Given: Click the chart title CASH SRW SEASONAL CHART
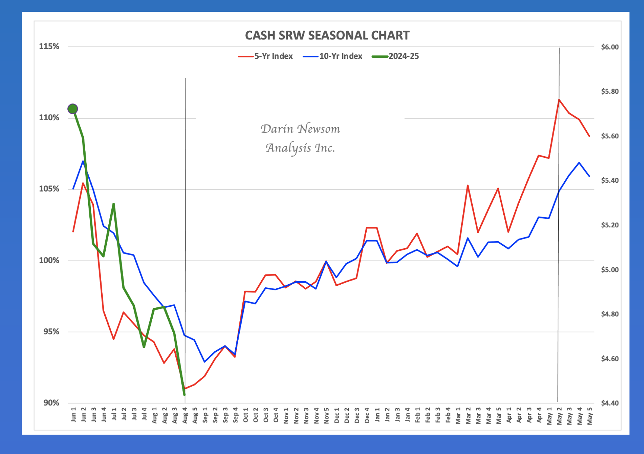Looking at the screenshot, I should (327, 35).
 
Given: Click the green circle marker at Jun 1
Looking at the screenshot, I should (73, 109).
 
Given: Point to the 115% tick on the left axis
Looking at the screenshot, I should (49, 47).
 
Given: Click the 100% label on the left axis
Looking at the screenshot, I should (49, 260).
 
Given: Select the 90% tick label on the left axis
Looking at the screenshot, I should (51, 403).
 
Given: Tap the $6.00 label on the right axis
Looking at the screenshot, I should (610, 47).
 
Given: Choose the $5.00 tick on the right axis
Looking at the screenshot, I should (610, 270).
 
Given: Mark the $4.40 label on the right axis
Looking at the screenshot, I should (610, 403).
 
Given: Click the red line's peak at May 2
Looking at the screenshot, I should (559, 100).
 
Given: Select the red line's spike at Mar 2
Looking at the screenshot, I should (468, 185).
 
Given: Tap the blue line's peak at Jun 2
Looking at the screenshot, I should (83, 161).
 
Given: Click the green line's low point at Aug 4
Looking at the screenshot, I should (184, 394).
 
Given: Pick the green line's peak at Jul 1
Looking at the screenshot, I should (114, 204).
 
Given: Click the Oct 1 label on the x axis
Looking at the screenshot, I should (246, 415).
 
